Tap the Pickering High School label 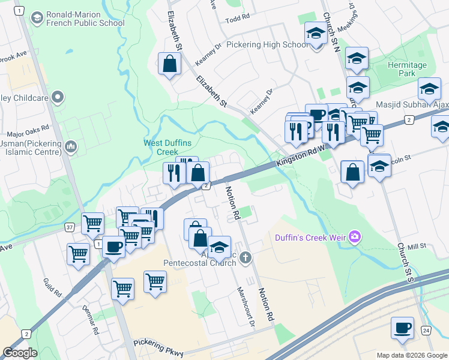(269, 44)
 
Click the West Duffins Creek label (161, 147)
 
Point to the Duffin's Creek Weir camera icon (355, 237)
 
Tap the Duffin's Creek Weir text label (311, 238)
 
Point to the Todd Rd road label (237, 20)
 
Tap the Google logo (20, 353)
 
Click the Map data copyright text (412, 355)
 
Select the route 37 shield (69, 227)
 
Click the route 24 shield (426, 331)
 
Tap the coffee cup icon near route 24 (402, 328)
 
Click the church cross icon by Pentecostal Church (244, 258)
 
